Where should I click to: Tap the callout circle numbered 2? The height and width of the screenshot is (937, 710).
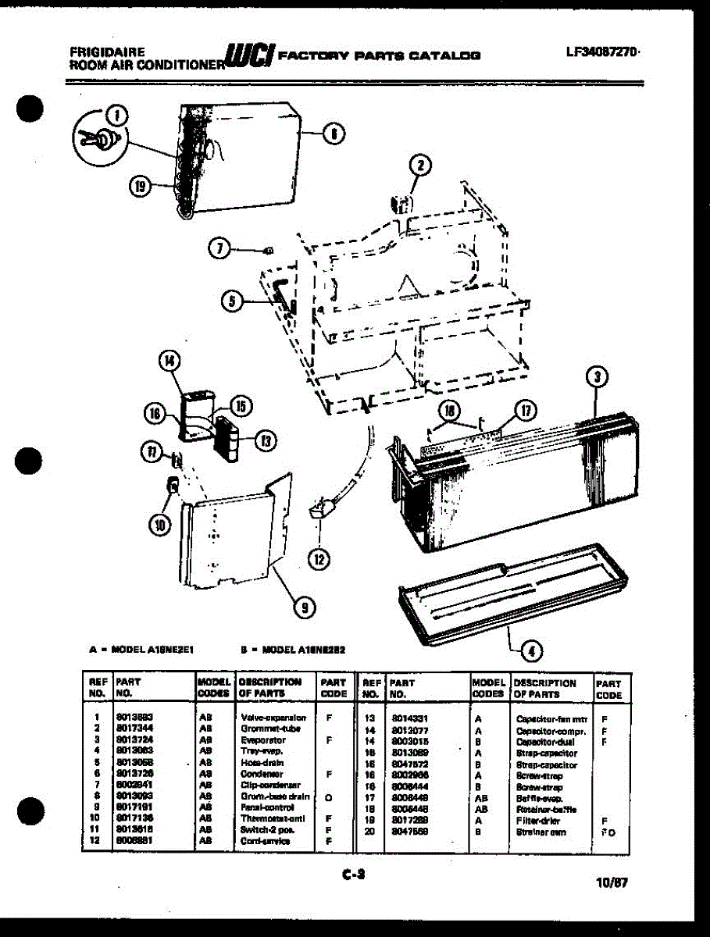coord(420,165)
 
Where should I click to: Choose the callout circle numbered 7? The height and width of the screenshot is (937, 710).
coord(220,248)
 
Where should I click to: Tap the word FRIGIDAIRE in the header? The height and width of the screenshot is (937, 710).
coord(107,52)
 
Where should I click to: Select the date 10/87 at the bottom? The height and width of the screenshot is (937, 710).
coord(611,883)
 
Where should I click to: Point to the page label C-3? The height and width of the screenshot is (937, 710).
coord(354,875)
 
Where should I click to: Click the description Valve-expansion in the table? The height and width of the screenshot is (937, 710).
coord(273,717)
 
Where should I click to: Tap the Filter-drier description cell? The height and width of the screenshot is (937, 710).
coord(539,821)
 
